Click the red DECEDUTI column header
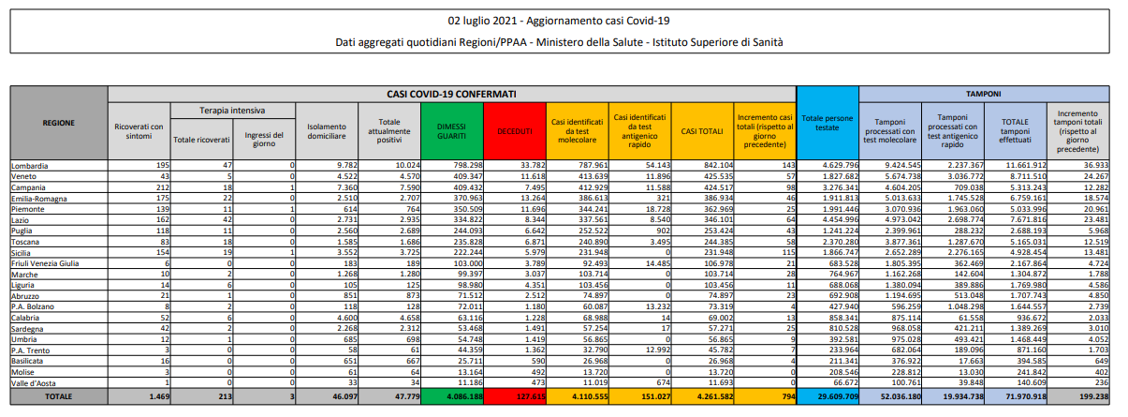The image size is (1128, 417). click(515, 131)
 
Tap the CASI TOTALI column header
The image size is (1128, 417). click(701, 131)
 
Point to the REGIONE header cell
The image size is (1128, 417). click(59, 123)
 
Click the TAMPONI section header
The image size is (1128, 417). click(984, 94)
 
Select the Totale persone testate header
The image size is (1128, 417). click(827, 122)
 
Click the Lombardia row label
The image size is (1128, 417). click(30, 166)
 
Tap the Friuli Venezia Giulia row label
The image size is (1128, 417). click(46, 263)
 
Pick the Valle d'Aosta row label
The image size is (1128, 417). click(35, 382)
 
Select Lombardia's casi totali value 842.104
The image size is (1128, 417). click(714, 166)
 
